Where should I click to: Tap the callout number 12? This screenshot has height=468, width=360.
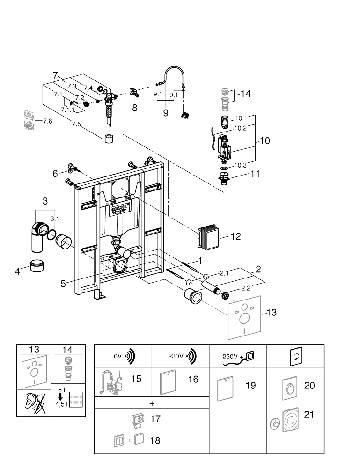pyautogui.click(x=235, y=237)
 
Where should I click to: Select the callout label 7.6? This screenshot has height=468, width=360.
pyautogui.click(x=47, y=121)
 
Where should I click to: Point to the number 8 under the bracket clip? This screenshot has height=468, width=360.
pyautogui.click(x=135, y=108)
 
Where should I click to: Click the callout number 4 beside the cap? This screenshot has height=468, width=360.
pyautogui.click(x=18, y=271)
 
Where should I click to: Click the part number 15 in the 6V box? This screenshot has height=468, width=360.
pyautogui.click(x=136, y=379)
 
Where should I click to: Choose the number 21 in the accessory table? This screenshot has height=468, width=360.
pyautogui.click(x=309, y=415)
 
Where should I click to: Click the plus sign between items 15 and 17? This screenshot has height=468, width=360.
pyautogui.click(x=152, y=402)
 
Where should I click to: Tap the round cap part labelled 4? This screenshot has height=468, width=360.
pyautogui.click(x=36, y=267)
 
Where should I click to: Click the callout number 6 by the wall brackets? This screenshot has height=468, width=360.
pyautogui.click(x=55, y=173)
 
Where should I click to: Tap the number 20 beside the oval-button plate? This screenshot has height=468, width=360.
pyautogui.click(x=309, y=386)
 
